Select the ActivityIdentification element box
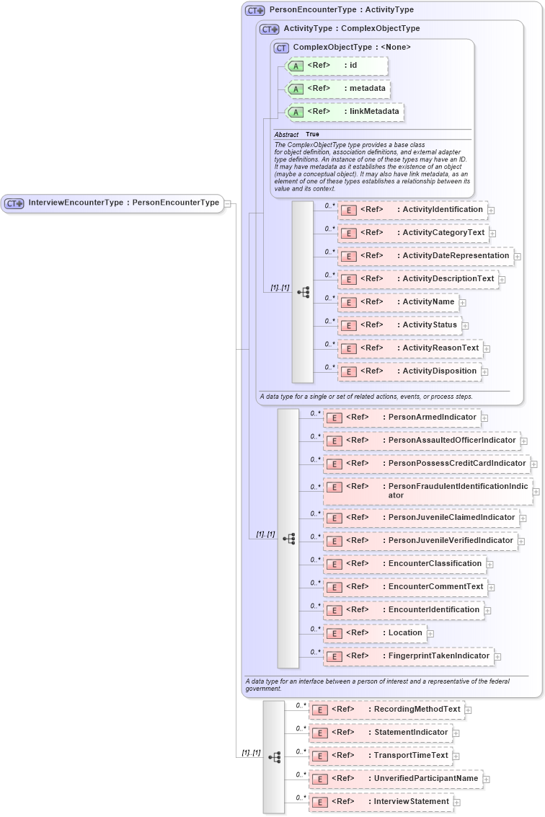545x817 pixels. (x=412, y=210)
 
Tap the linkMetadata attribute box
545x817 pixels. (x=345, y=112)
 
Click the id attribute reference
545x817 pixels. (x=337, y=66)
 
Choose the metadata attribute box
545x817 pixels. (x=339, y=89)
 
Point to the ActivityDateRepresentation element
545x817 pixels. (x=425, y=256)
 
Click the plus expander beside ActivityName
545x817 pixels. (x=463, y=303)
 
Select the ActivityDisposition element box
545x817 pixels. (x=409, y=371)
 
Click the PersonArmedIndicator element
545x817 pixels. (x=402, y=418)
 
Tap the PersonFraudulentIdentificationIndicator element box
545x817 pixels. (x=428, y=491)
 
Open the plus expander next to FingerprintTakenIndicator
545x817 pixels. (x=498, y=657)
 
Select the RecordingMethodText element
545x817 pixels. (x=386, y=710)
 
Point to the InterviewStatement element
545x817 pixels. (x=380, y=802)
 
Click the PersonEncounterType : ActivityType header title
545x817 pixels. (x=341, y=10)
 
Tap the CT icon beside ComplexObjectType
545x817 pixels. (x=281, y=48)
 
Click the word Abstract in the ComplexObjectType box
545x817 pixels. (x=286, y=135)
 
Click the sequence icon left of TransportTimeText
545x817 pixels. (x=274, y=757)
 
